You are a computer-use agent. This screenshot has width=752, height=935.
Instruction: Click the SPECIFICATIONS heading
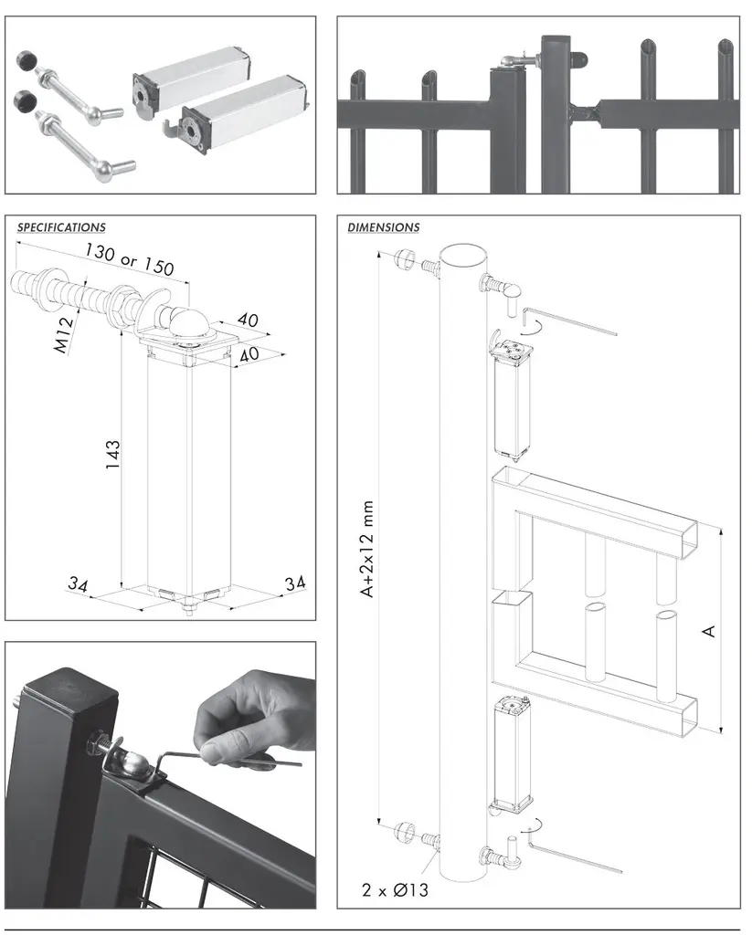(x=61, y=227)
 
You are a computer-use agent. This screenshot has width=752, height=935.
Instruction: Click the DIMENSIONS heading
(x=383, y=227)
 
